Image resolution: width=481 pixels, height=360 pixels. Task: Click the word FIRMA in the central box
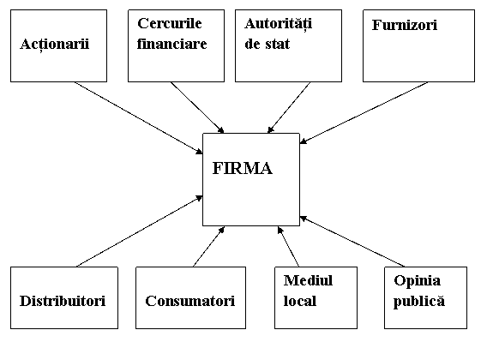tap(242, 168)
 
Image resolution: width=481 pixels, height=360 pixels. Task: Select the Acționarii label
tap(55, 45)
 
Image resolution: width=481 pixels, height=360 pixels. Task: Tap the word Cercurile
tap(169, 23)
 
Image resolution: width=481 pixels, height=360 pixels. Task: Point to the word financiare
tap(171, 44)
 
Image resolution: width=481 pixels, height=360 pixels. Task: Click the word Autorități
tap(279, 24)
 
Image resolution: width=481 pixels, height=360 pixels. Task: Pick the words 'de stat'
tap(267, 44)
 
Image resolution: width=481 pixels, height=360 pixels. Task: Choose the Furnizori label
tap(405, 25)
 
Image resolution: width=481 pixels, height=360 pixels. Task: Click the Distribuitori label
tap(63, 301)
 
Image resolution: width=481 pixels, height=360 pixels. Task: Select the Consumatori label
tap(190, 301)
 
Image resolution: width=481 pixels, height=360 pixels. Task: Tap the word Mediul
tap(308, 280)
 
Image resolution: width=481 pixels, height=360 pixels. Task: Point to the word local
tap(300, 301)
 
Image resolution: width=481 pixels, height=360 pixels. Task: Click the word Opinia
tap(418, 280)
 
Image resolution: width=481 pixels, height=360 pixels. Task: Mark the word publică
tap(419, 301)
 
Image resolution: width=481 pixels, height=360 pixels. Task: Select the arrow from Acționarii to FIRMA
tap(138, 117)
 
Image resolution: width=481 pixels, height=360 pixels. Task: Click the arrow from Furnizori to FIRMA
tap(364, 112)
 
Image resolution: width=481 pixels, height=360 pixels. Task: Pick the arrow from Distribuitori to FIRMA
tap(139, 231)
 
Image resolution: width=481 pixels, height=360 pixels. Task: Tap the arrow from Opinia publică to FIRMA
tap(352, 242)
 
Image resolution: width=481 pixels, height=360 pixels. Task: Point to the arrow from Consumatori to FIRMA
tap(209, 247)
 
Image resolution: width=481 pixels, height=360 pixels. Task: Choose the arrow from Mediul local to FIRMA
tap(288, 247)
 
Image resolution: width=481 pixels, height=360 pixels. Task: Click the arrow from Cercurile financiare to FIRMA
tap(197, 107)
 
